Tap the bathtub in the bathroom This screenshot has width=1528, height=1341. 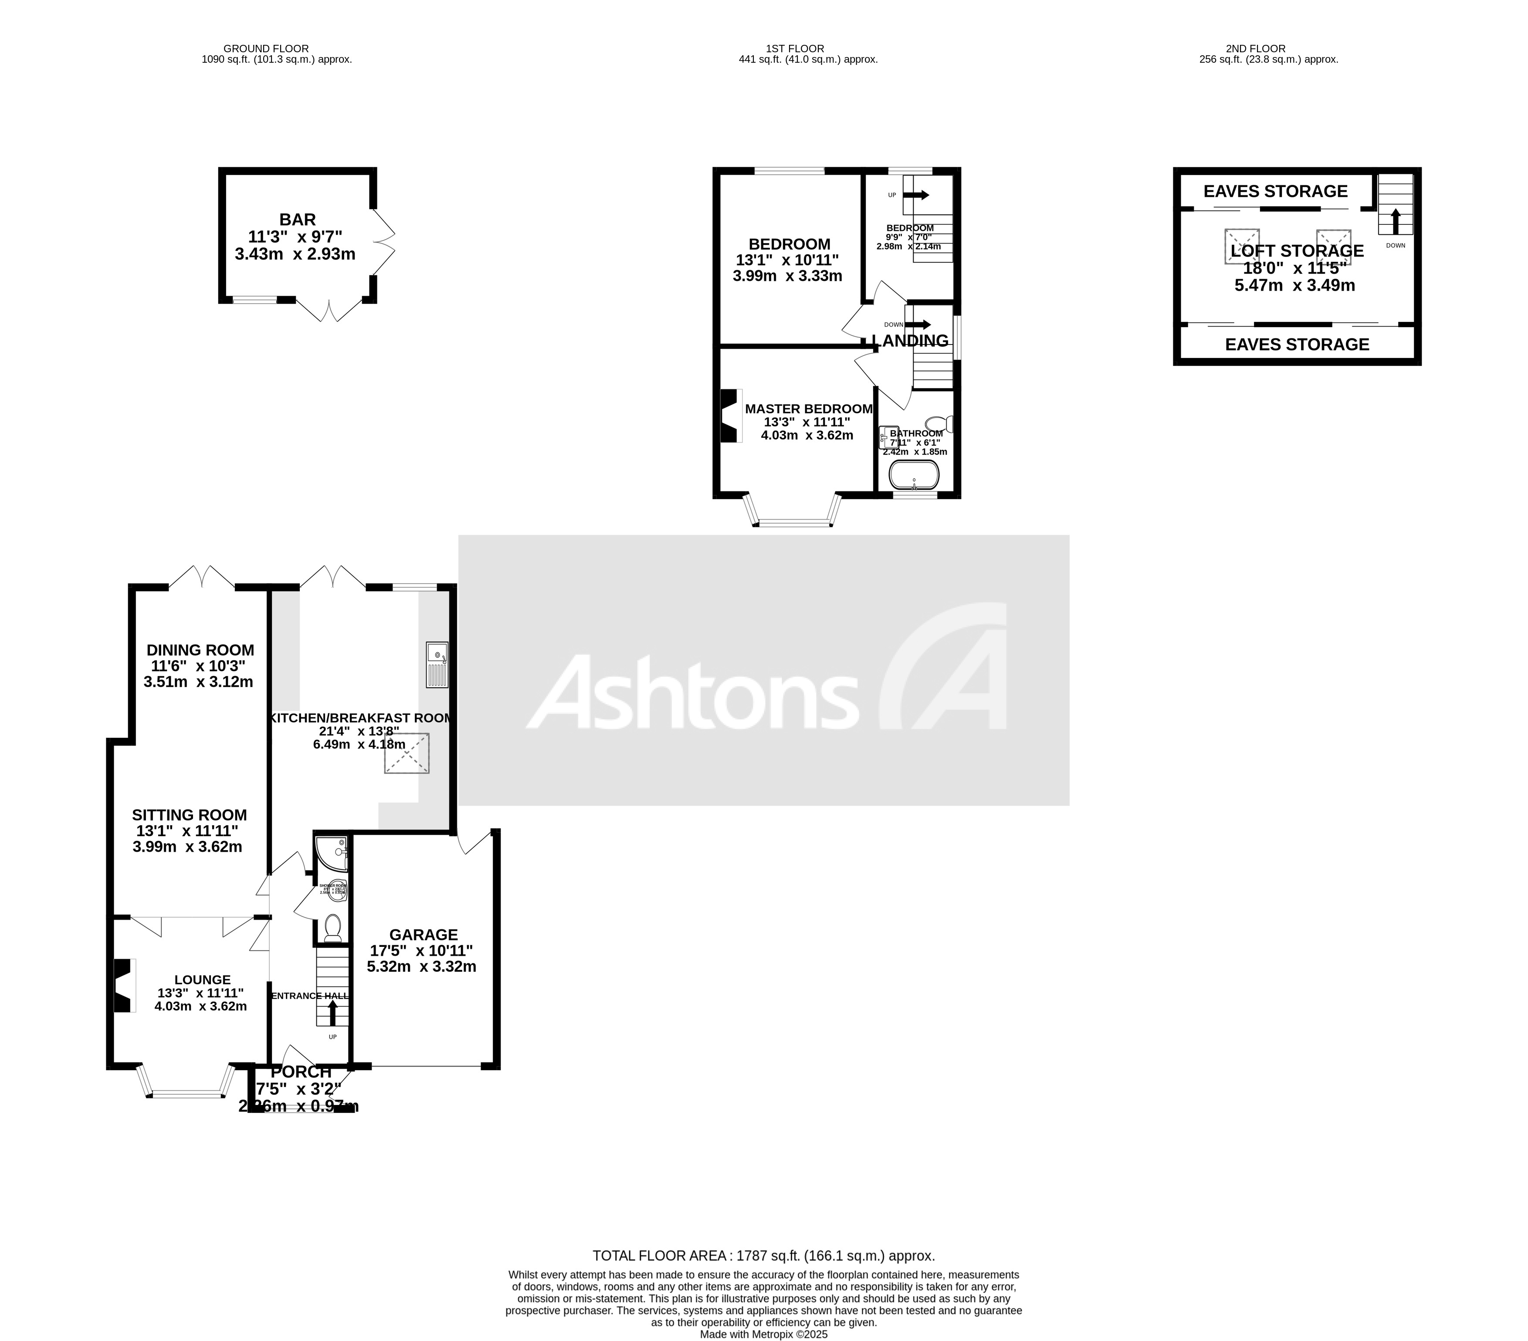(x=914, y=474)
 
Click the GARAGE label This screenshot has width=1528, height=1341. (x=423, y=935)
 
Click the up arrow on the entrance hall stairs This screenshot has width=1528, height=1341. (x=333, y=1012)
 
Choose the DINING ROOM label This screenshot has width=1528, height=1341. (x=200, y=650)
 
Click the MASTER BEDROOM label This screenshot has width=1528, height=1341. (x=808, y=409)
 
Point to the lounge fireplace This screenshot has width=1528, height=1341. (x=122, y=986)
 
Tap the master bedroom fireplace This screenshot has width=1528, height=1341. (x=729, y=416)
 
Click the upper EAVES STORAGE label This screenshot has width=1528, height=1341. (x=1275, y=191)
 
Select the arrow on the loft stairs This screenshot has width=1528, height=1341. (x=1395, y=222)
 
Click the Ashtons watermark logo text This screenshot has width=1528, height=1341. (x=695, y=692)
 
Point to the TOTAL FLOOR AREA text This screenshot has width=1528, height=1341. (x=763, y=1256)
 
